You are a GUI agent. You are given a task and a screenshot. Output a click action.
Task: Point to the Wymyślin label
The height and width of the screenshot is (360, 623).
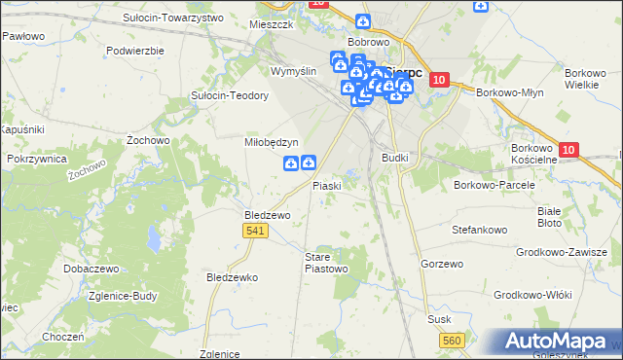pyautogui.click(x=294, y=72)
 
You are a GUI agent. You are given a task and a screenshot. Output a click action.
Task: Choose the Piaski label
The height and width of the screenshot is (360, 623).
pyautogui.click(x=326, y=186)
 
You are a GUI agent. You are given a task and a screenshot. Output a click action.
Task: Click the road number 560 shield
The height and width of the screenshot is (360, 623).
pyautogui.click(x=452, y=340)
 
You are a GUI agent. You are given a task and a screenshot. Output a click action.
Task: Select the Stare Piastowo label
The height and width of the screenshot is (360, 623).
pyautogui.click(x=326, y=262)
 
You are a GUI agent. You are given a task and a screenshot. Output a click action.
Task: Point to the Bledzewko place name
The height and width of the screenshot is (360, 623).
pyautogui.click(x=232, y=277)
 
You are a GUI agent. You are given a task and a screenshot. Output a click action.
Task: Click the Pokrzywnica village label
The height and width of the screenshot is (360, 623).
pyautogui.click(x=36, y=158)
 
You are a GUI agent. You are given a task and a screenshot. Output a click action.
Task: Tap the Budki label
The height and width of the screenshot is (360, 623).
pyautogui.click(x=395, y=157)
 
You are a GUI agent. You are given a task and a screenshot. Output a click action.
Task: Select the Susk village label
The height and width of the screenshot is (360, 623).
pyautogui.click(x=440, y=319)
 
